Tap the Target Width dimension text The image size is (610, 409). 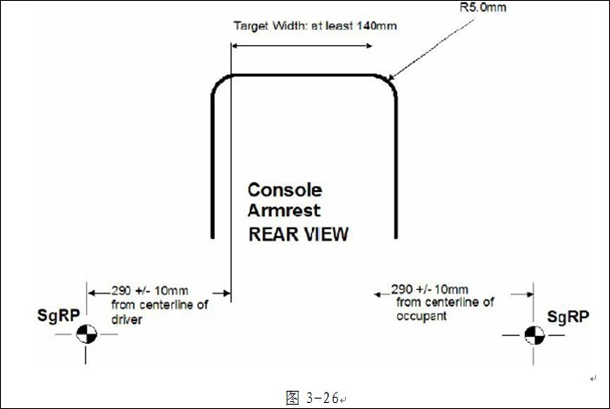click(315, 25)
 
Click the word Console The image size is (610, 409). click(284, 189)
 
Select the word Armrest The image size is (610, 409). click(283, 210)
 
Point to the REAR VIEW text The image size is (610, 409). click(298, 234)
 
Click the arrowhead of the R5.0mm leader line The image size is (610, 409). click(392, 78)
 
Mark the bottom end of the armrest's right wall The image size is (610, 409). click(396, 237)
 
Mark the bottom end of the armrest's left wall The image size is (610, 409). click(213, 237)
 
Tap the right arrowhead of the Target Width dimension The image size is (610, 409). click(371, 49)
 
